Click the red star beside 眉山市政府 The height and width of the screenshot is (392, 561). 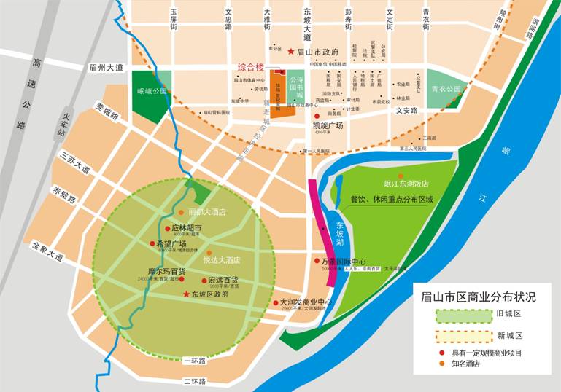point(291,52)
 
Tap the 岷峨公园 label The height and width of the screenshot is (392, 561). point(152,92)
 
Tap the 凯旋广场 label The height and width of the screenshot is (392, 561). point(328,125)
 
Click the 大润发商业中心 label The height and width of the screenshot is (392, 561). point(306,302)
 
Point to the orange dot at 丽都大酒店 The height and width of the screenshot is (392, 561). point(182,213)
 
